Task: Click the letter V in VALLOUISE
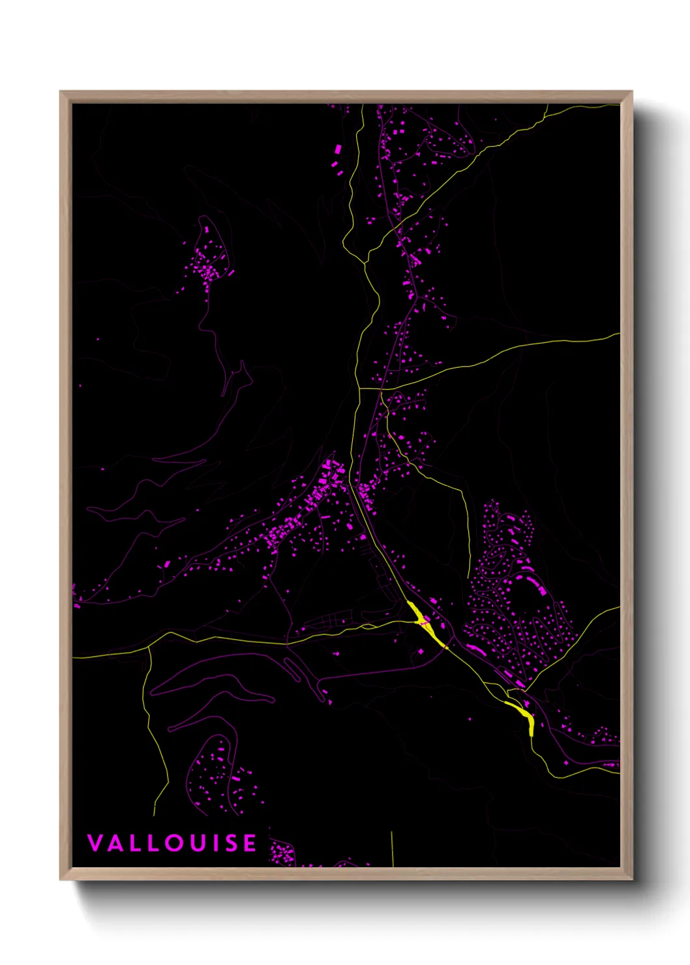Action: point(95,843)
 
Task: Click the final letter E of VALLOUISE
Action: point(250,843)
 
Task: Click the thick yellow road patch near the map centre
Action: point(423,619)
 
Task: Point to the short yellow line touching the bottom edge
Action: point(393,848)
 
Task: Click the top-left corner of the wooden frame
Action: point(61,92)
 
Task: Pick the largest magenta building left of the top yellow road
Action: point(338,149)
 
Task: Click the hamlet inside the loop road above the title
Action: point(222,776)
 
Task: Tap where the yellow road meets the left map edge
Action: point(74,657)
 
